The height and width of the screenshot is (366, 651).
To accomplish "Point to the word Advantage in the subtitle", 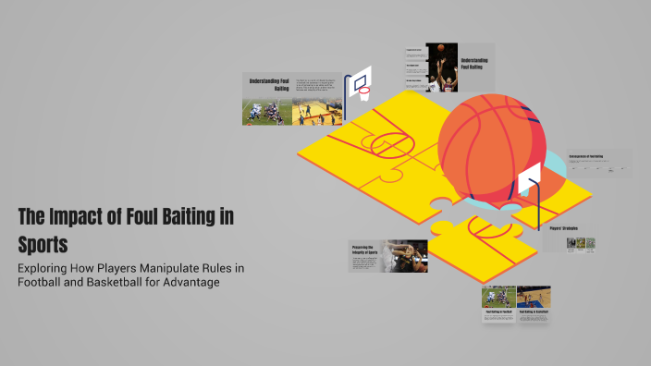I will (189, 282).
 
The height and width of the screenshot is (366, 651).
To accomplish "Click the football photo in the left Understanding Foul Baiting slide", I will (267, 112).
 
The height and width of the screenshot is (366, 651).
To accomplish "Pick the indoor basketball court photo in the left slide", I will (316, 112).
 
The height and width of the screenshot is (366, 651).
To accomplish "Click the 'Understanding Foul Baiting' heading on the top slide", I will (474, 64).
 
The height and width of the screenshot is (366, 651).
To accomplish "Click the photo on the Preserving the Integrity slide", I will (407, 256).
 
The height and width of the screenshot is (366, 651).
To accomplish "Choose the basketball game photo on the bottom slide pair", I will (534, 296).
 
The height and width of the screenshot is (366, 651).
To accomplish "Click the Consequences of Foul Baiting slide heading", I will (586, 156).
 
